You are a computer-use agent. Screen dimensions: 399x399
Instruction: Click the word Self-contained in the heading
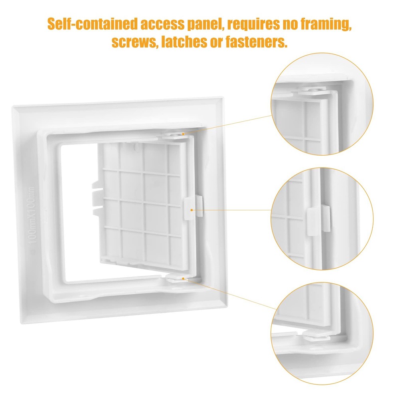click(93, 24)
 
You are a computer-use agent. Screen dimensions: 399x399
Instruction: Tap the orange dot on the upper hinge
click(183, 134)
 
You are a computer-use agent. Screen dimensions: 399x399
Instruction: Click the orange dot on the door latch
click(192, 209)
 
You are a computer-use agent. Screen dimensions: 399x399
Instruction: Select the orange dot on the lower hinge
click(183, 278)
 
